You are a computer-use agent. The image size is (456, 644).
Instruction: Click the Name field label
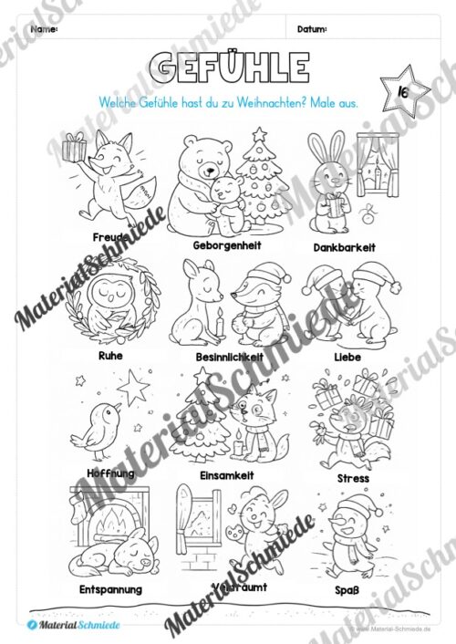coord(44,29)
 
